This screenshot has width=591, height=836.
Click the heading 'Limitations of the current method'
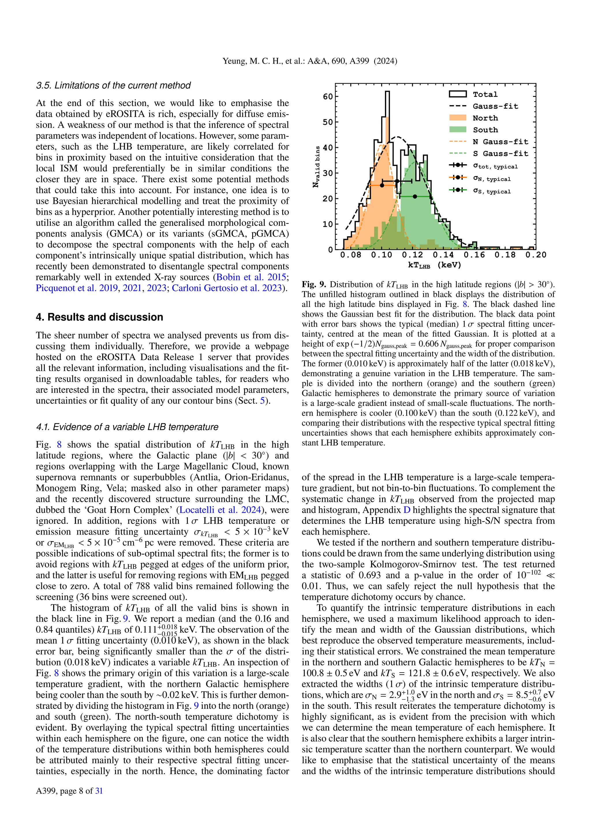pos(113,85)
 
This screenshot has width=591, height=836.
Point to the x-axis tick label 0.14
pos(443,255)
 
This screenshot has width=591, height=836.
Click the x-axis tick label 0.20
pos(536,255)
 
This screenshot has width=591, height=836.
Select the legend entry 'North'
pos(485,118)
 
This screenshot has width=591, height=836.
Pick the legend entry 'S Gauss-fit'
pos(500,154)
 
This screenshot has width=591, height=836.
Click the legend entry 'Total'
pos(485,94)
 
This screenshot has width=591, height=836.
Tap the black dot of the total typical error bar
pos(397,181)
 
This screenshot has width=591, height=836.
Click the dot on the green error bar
pos(415,197)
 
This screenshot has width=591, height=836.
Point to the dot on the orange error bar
pos(382,185)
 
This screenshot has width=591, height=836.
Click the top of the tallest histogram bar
pos(387,92)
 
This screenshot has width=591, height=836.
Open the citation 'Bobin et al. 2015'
pos(251,277)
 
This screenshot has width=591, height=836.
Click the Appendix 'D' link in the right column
pos(407,510)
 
